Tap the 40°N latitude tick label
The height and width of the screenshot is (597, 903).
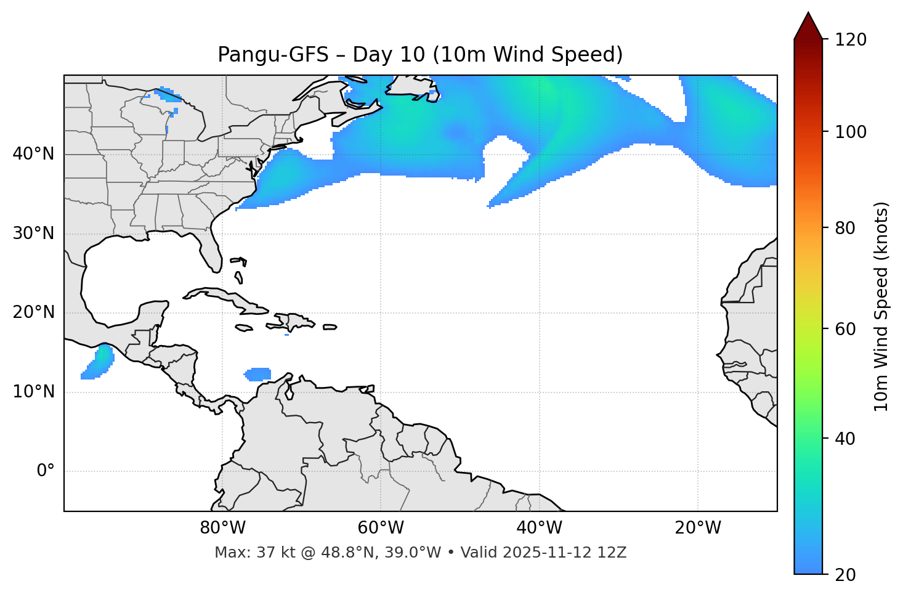(x=33, y=154)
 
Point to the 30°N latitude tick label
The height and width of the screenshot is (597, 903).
(x=33, y=234)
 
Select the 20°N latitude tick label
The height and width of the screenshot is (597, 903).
(x=33, y=312)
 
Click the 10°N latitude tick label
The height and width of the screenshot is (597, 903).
(x=33, y=392)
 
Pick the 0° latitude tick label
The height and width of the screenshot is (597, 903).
(x=46, y=471)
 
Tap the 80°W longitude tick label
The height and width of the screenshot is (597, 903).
(x=222, y=528)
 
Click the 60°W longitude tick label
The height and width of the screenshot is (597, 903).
(x=381, y=528)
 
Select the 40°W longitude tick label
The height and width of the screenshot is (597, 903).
(x=539, y=528)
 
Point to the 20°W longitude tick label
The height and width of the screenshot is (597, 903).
(x=697, y=528)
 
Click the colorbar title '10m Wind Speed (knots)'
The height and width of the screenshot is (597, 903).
(x=881, y=307)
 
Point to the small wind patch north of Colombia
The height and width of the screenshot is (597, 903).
(x=258, y=374)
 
